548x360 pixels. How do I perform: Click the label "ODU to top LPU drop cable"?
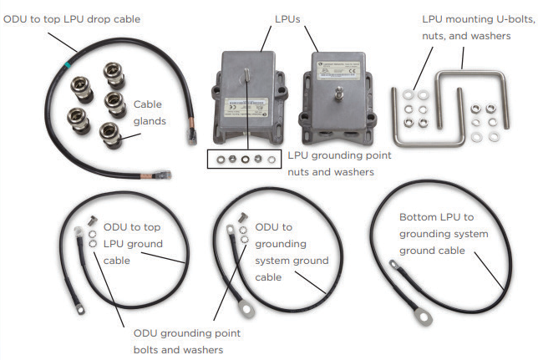[72, 18]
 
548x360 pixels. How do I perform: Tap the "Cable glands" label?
[148, 113]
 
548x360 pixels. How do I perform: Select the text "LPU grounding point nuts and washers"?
[338, 163]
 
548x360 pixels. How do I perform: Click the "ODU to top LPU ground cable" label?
[133, 243]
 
